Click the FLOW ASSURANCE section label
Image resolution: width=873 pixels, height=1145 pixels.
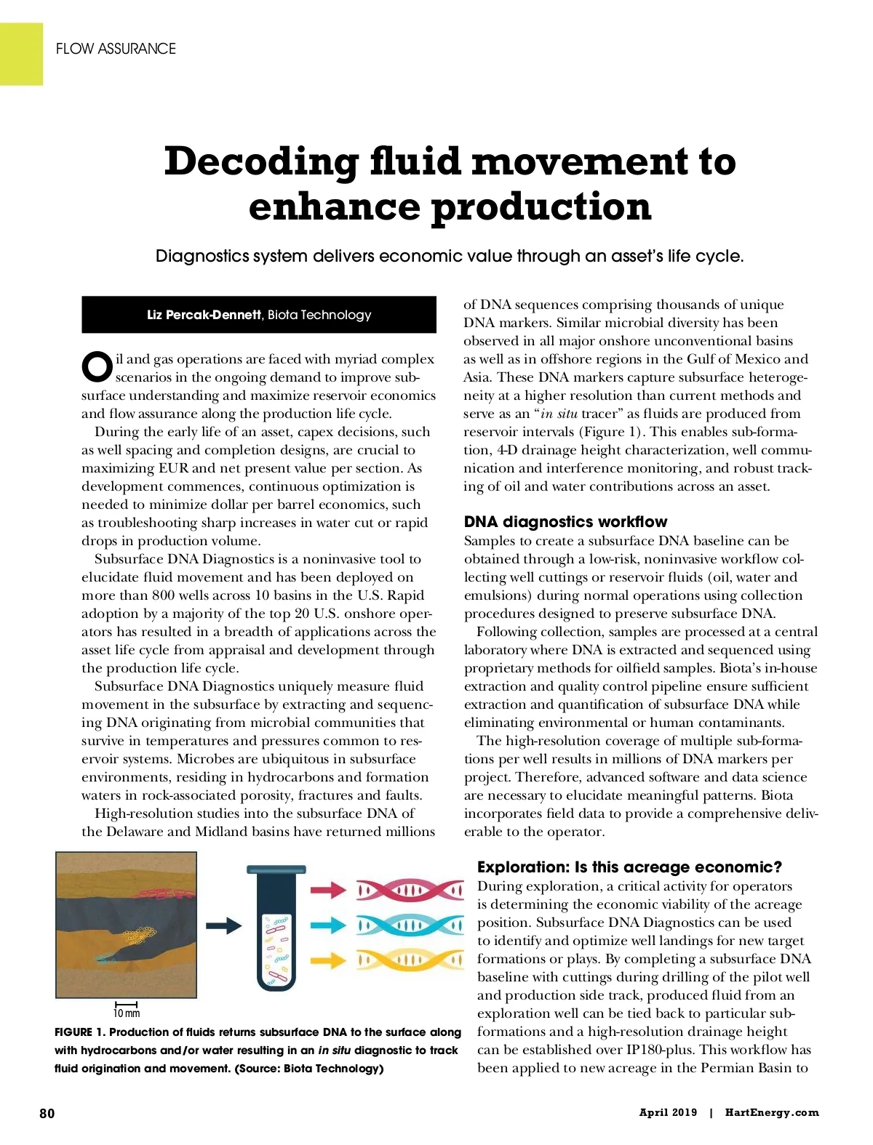[116, 49]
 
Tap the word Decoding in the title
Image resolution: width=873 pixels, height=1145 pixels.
[260, 161]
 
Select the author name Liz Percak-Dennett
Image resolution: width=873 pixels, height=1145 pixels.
[204, 315]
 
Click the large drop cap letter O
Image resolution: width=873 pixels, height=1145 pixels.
[97, 367]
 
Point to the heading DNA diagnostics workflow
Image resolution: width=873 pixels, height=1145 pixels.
[565, 522]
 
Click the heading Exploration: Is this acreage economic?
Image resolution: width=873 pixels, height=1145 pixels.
[629, 867]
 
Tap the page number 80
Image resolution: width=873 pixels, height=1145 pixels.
[47, 1113]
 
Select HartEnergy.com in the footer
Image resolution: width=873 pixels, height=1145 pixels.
[772, 1112]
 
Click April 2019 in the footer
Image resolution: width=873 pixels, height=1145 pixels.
[668, 1112]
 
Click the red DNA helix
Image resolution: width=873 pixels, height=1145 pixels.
[410, 890]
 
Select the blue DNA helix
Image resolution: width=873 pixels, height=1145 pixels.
[410, 925]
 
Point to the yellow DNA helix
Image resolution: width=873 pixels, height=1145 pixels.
[410, 960]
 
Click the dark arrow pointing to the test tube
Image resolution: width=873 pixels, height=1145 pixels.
[223, 925]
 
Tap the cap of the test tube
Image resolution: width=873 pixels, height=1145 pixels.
[276, 870]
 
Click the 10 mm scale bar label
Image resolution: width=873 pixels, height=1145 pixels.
[127, 1013]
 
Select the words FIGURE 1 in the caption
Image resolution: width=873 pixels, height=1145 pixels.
[79, 1032]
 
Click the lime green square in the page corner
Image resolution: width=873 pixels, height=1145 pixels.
[21, 54]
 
